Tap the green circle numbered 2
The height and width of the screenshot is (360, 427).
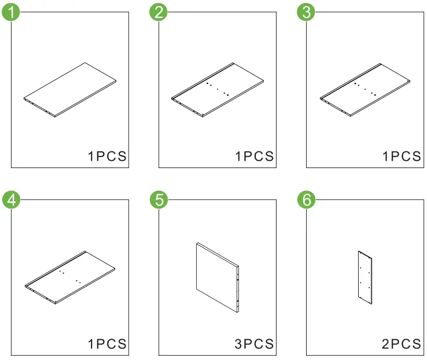point(159,12)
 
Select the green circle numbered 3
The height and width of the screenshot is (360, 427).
point(306,12)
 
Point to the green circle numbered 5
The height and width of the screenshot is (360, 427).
point(159,200)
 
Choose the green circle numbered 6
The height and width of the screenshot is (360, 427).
point(306,200)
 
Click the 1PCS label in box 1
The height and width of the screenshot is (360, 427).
point(107,156)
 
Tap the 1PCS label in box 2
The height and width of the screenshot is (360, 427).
point(255,156)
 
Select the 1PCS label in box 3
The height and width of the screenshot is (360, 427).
point(402,156)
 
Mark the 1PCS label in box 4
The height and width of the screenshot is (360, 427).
point(107,344)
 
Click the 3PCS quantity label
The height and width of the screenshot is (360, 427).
point(255,344)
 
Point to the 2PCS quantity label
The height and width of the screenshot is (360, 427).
point(402,344)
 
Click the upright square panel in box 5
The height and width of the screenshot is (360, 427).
point(217,277)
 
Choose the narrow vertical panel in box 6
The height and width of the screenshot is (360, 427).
point(365,277)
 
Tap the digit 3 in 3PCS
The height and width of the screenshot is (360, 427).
point(238,344)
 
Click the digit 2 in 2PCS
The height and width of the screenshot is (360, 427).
point(386,344)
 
